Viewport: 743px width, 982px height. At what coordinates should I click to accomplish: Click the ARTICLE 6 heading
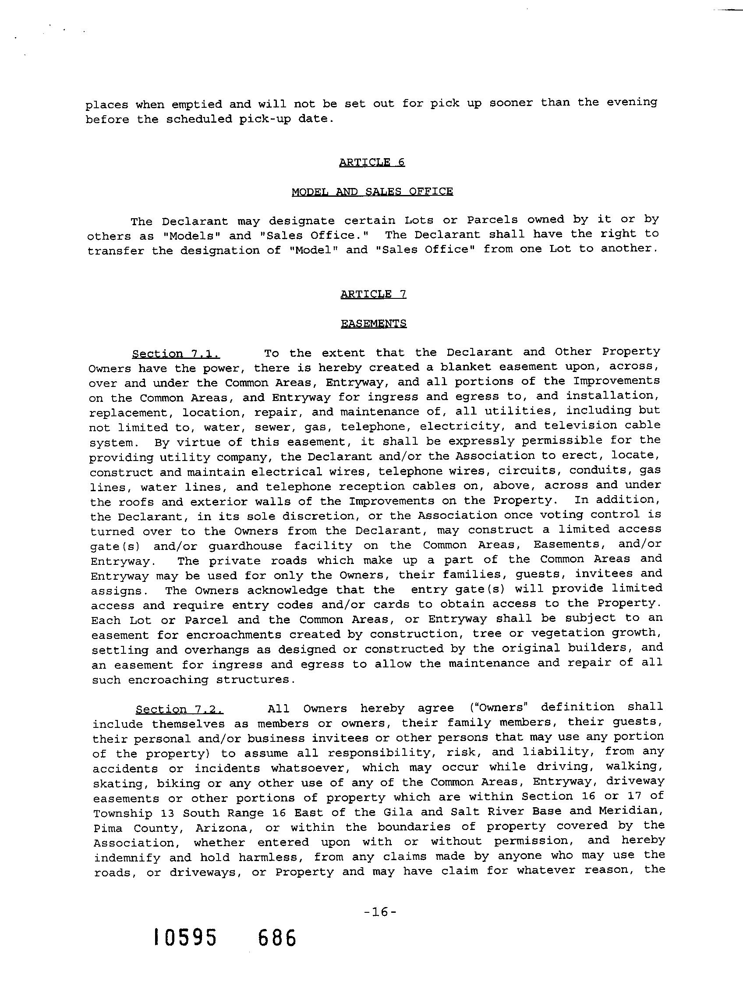point(372,163)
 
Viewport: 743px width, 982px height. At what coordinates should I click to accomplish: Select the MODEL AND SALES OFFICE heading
point(372,192)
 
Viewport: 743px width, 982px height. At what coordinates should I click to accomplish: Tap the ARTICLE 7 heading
point(373,294)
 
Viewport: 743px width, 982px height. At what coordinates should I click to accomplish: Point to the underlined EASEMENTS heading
point(374,324)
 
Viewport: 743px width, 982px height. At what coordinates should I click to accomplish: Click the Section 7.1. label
point(176,354)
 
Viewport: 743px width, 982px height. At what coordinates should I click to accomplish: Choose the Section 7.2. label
point(179,710)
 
